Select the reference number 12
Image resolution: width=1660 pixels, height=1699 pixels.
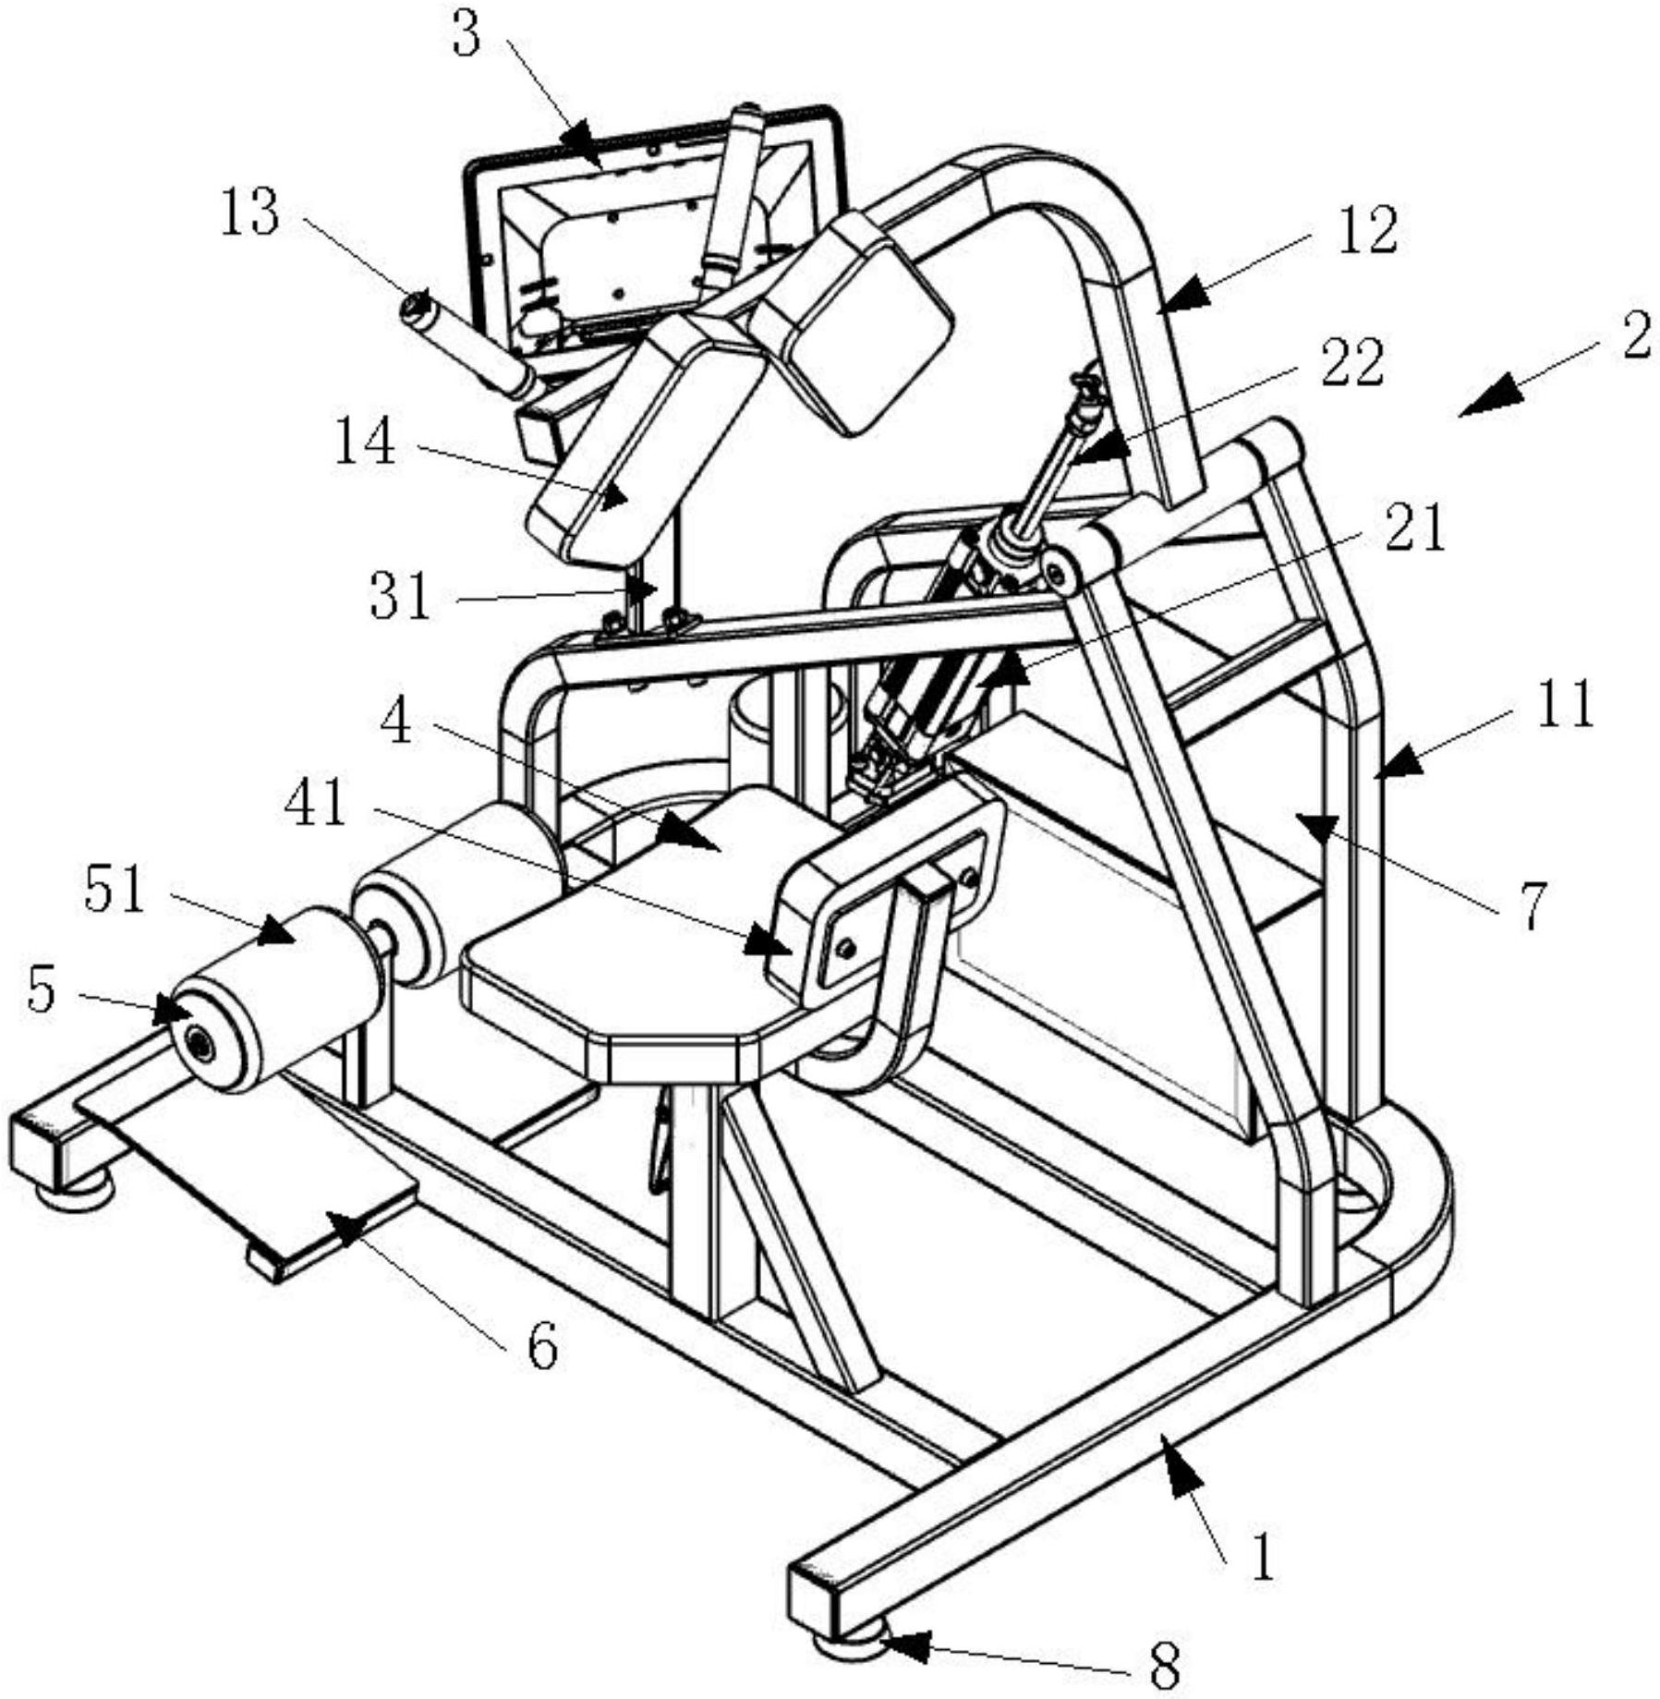pos(1368,231)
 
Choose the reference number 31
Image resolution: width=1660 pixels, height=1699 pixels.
pos(400,596)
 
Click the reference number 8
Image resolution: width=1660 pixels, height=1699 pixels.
pos(1166,1669)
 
